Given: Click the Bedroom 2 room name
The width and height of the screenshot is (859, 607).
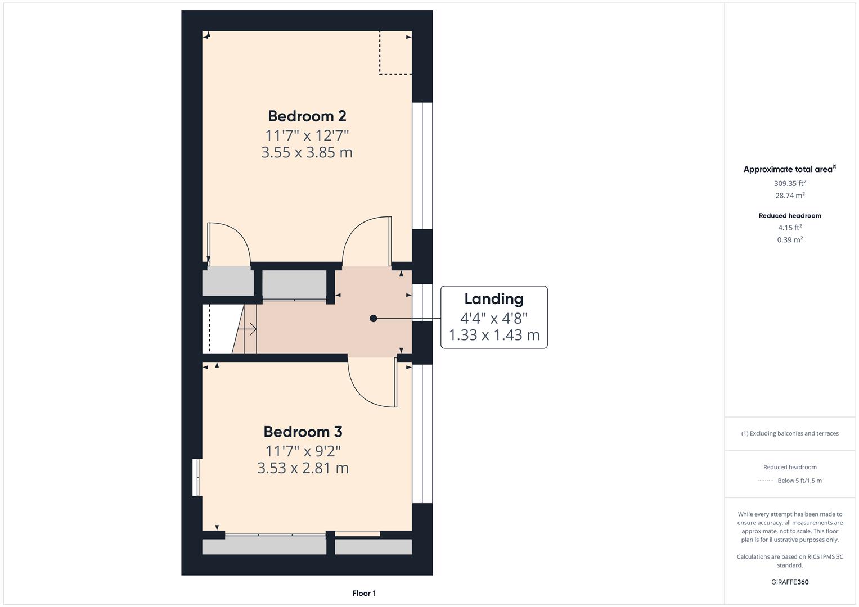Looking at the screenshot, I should pos(307,116).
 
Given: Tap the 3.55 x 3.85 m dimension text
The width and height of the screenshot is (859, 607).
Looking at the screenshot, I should pos(307,152).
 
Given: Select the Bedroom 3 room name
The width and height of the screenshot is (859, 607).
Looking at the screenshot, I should pos(303,432).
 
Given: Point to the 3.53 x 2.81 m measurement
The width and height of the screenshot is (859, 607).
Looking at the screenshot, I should pos(303,468).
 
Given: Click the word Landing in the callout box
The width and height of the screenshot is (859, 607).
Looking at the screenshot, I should pos(493,299).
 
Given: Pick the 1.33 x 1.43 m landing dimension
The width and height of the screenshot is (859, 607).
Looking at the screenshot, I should pos(493,336).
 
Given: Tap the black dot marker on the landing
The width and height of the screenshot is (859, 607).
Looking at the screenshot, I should pos(373,319).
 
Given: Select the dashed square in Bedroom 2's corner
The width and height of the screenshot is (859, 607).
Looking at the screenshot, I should pos(395,53).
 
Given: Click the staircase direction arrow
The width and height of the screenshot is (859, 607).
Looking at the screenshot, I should pos(251,329).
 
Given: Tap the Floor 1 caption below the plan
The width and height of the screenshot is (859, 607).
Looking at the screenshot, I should pos(364,593).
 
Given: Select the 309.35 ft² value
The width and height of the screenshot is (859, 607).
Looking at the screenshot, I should pos(790,183).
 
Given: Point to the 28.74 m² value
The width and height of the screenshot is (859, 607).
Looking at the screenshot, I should pos(790,196).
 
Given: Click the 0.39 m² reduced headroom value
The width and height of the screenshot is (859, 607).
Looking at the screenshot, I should pos(790,240).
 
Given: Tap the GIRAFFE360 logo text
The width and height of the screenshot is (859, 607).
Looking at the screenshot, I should pos(790,582).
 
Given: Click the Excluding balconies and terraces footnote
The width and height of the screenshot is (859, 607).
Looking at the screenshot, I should pos(790,433).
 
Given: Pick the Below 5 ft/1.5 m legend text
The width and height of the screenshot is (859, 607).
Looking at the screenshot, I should pos(799,481).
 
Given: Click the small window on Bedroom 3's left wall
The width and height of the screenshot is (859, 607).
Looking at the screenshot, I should pos(196,477).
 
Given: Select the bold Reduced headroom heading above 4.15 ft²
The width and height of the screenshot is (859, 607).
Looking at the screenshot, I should pos(790,216).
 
